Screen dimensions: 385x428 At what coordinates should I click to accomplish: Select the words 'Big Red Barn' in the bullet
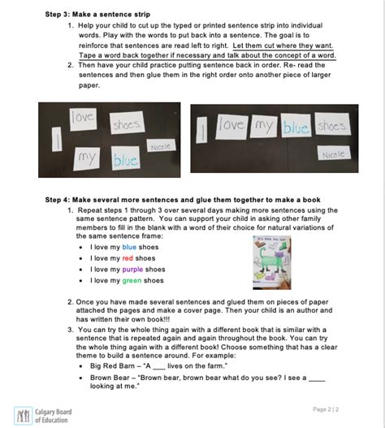coord(111,366)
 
